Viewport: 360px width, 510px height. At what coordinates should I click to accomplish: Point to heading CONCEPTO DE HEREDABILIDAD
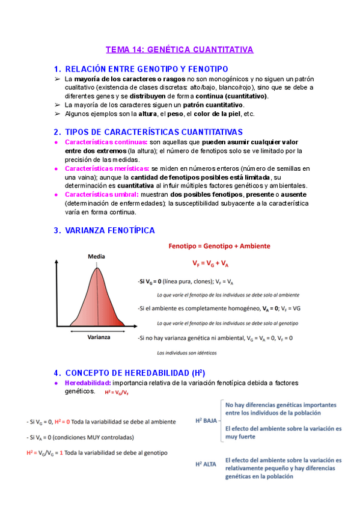(x=135, y=372)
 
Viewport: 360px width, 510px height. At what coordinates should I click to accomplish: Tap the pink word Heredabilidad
(x=87, y=382)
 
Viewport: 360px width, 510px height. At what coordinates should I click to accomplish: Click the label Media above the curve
(x=96, y=256)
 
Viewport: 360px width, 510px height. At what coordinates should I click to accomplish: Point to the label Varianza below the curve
(x=99, y=337)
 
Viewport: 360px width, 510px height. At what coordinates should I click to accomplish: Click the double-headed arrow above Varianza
(x=99, y=329)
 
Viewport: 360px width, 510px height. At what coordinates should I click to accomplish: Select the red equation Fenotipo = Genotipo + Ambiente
(x=219, y=246)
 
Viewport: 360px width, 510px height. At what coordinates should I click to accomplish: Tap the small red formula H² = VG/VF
(x=117, y=392)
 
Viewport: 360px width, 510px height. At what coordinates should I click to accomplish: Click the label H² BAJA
(x=206, y=420)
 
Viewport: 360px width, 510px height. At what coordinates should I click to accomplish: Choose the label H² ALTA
(x=206, y=464)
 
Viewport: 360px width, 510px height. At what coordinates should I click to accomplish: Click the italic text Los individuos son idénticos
(x=186, y=352)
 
